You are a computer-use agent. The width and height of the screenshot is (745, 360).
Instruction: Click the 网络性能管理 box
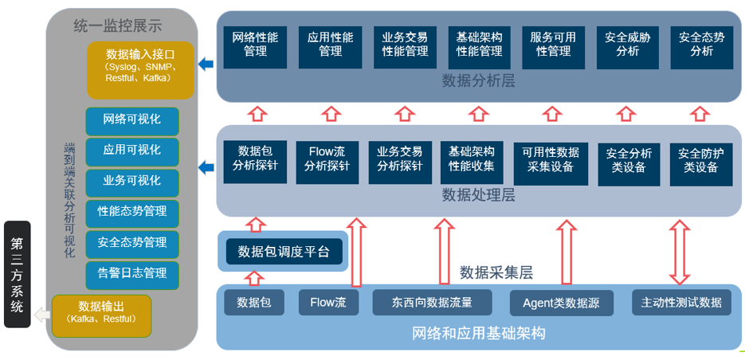pos(255,45)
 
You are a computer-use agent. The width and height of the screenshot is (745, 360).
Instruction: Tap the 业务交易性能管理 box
pos(404,45)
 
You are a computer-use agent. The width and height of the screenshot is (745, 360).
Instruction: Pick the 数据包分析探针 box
pos(255,160)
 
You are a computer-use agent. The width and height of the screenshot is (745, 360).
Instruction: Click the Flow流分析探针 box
pos(327,160)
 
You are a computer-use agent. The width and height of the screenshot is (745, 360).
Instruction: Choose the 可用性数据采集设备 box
pos(551,160)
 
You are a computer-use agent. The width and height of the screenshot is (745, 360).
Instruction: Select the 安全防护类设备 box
pos(699,160)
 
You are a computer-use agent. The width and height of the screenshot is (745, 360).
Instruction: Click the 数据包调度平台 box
pos(284,252)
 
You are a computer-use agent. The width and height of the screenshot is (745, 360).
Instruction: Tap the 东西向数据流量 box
pos(431,303)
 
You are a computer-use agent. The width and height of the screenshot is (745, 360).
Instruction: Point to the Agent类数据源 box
pos(562,303)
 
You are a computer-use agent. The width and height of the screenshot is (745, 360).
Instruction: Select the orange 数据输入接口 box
pos(140,70)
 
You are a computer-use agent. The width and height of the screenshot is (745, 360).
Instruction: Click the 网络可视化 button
pos(132,120)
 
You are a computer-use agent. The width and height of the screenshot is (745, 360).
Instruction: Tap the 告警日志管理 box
pos(132,273)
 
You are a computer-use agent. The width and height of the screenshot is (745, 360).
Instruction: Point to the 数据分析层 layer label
pos(478,81)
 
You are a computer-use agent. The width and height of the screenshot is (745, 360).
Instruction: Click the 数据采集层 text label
pos(496,273)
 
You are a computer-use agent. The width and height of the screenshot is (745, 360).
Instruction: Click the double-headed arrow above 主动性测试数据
pos(680,252)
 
